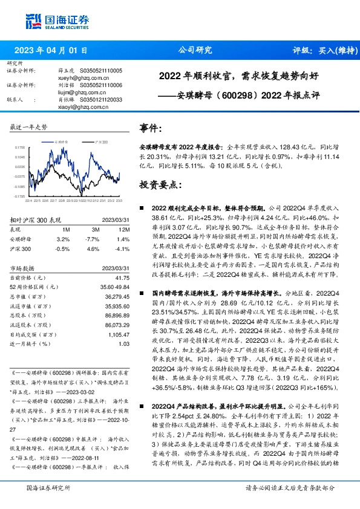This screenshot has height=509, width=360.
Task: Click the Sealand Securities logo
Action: tap(48, 22)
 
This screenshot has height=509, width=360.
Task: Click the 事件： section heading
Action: tap(151, 128)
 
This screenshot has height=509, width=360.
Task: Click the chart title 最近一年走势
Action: tap(29, 128)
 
